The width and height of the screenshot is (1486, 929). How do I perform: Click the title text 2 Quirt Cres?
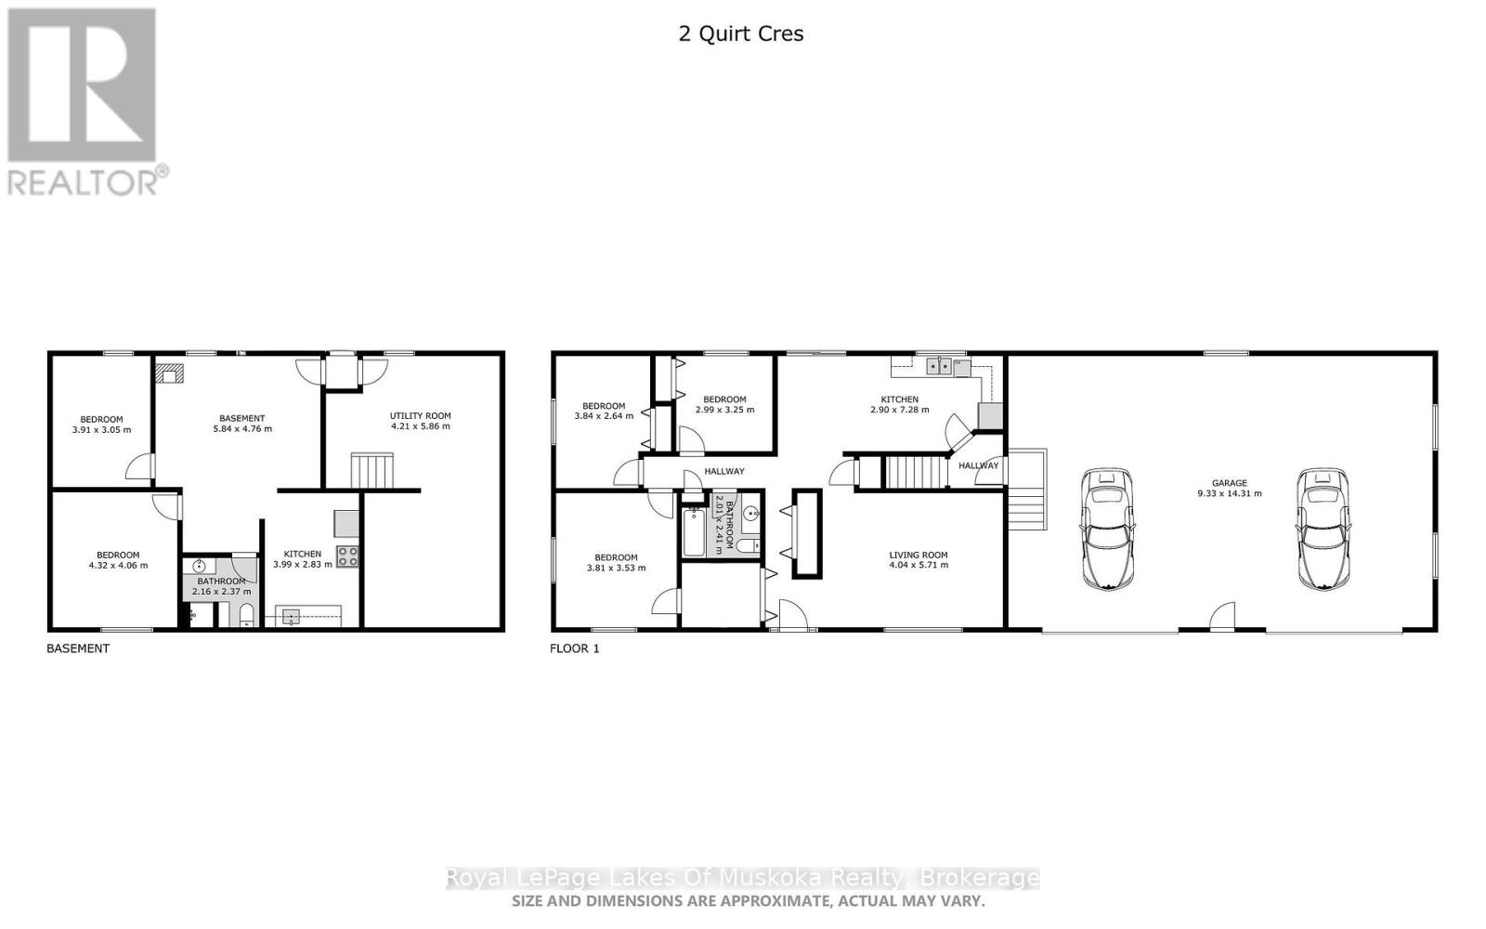pos(740,34)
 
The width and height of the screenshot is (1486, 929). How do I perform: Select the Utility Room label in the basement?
pos(420,416)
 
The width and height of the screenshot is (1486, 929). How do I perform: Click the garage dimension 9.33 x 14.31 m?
pos(1229,493)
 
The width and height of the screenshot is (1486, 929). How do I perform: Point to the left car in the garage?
pos(1107,529)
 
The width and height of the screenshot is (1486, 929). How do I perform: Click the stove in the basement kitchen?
pos(347,556)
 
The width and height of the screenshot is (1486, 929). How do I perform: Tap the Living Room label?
pos(918,555)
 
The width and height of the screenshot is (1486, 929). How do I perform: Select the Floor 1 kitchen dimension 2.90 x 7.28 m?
pos(899,410)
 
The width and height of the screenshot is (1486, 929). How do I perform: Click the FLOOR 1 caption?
pos(575,648)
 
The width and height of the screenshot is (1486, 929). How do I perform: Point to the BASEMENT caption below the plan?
pos(78,648)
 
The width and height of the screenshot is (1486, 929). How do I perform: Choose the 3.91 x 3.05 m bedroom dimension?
pos(101,430)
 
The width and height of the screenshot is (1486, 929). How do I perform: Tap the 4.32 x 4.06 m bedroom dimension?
pos(118,565)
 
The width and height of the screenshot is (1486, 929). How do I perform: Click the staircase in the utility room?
pos(371,470)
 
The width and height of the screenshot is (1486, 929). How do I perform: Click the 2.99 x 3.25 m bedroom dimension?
pos(724,410)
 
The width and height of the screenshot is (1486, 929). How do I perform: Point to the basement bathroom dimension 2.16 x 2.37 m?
pos(221,591)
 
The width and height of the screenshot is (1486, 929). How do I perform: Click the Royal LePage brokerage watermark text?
pos(742,878)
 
